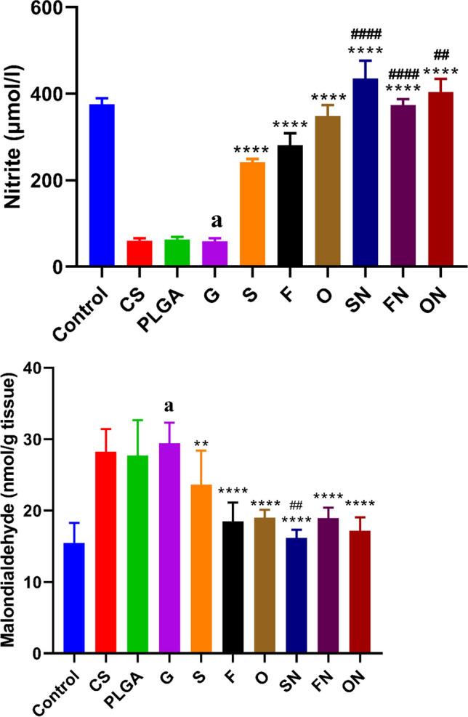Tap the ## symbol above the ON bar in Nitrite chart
click(442, 54)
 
